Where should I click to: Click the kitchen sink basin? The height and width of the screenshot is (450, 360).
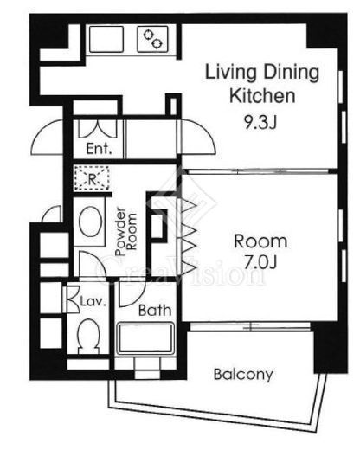point(106,39)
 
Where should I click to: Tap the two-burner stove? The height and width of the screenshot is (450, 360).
point(152,39)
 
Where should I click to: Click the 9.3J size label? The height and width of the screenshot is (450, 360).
point(260,123)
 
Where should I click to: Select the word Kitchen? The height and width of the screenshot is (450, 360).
point(262,96)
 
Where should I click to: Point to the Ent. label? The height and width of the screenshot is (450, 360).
point(99,149)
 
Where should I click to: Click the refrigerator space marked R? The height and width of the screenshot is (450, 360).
point(92,178)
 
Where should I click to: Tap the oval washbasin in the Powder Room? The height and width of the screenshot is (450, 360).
point(90,222)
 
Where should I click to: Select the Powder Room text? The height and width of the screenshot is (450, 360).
point(125,231)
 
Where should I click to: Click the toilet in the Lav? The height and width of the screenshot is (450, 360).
point(89,337)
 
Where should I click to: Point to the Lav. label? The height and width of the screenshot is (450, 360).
point(93,302)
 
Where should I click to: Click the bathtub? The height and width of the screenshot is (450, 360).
point(145,338)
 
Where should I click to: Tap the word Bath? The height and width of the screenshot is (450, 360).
point(155,311)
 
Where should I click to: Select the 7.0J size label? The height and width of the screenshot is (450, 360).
point(260,262)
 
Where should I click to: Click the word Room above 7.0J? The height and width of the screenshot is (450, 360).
point(260,241)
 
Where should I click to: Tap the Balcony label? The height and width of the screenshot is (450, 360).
point(243,375)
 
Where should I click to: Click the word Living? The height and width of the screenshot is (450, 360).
point(230,73)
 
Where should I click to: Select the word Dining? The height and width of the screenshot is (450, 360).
point(292,73)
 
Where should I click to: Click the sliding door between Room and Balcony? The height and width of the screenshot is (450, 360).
point(250,326)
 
